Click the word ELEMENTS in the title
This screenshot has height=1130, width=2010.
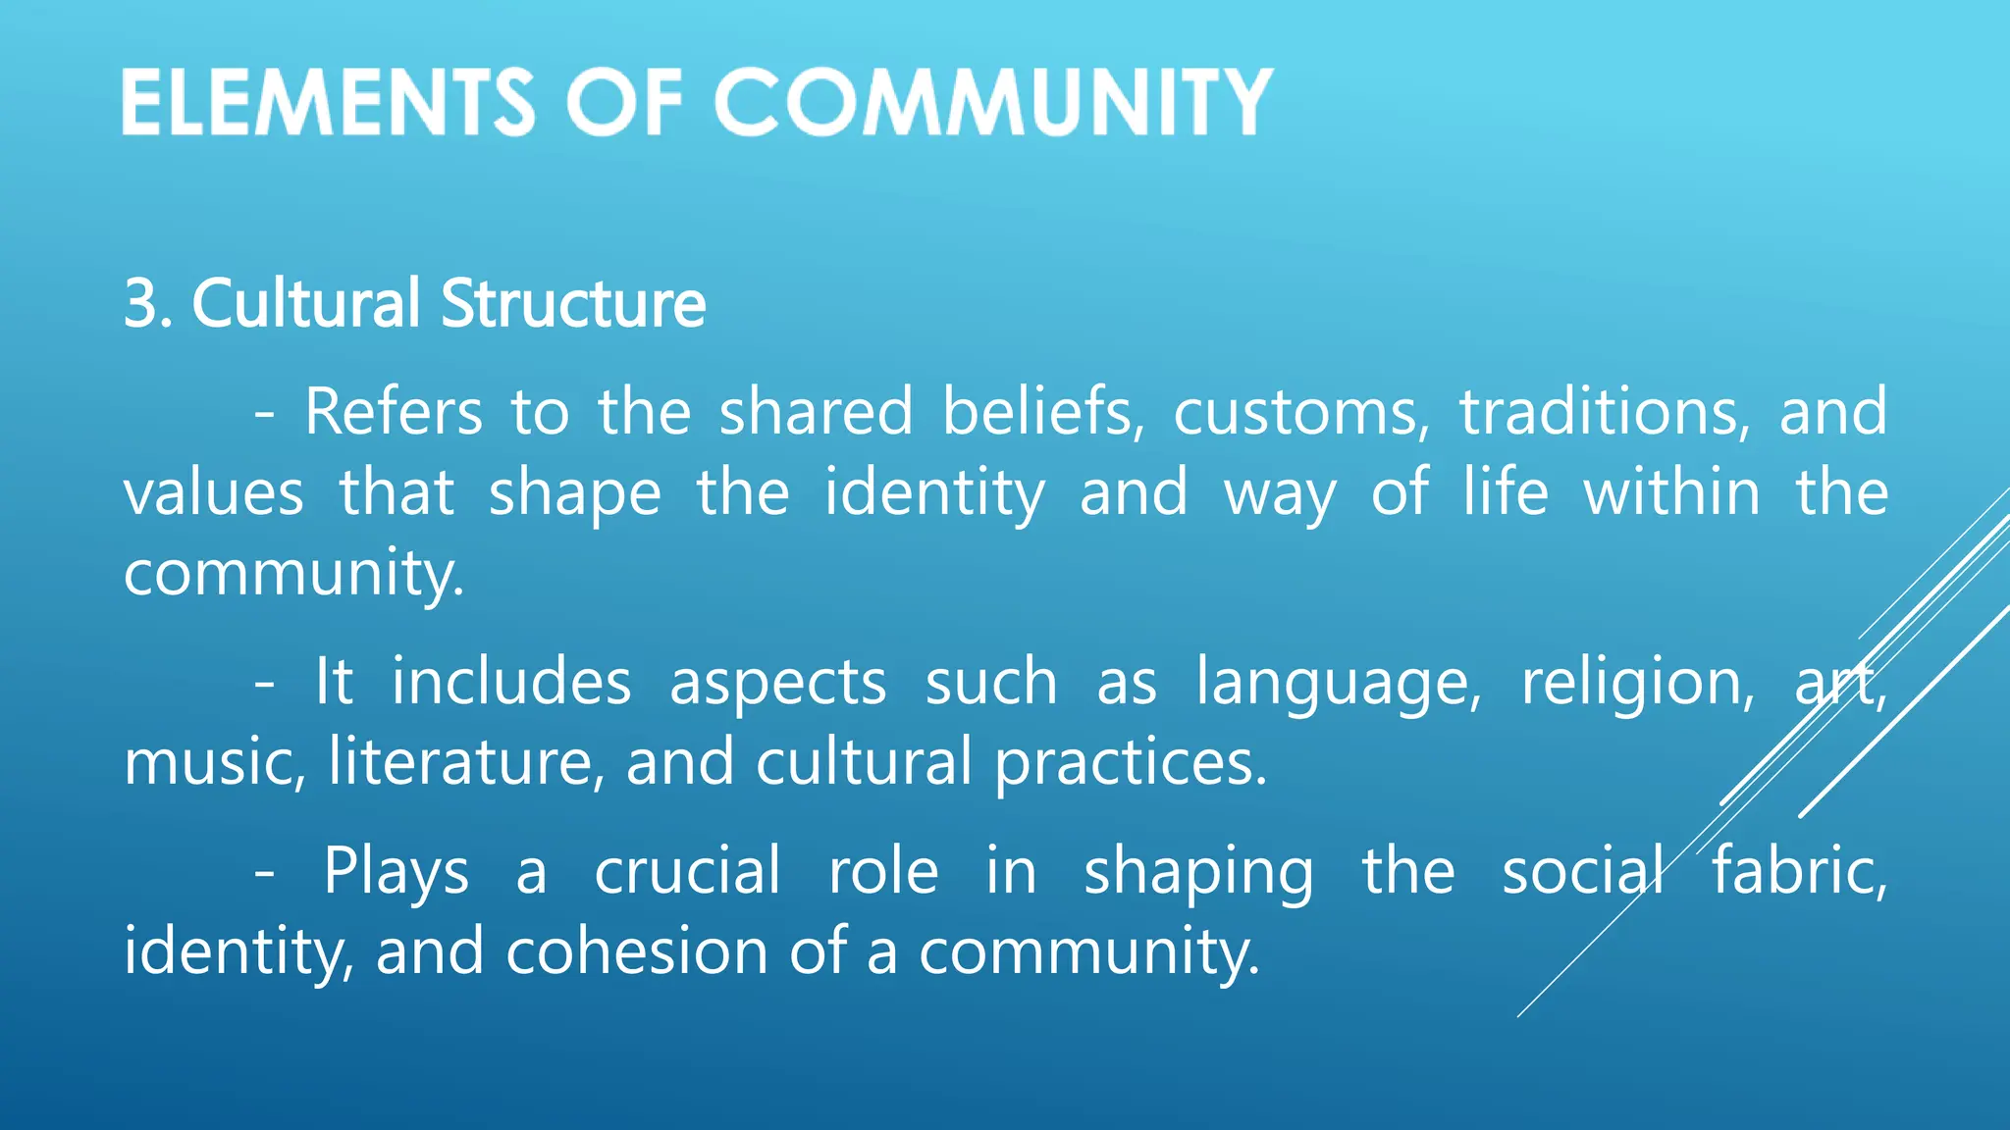[x=328, y=102]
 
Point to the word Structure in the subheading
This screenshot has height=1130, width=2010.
[x=573, y=303]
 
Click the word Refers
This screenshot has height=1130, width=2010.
[x=393, y=411]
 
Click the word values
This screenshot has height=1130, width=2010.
[x=213, y=492]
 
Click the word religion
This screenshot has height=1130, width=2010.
[x=1636, y=683]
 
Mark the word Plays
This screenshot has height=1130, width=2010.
[x=396, y=872]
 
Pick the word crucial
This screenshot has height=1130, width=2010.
[x=687, y=870]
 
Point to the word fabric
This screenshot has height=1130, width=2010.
[x=1798, y=870]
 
